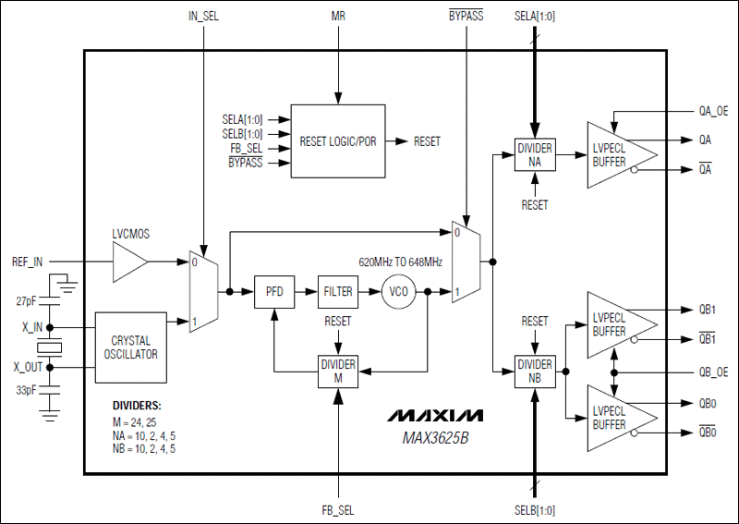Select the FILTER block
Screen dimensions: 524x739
tap(338, 291)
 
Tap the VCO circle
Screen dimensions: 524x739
tap(398, 291)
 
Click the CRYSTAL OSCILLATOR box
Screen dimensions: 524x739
tap(130, 347)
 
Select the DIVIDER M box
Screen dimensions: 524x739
tap(338, 371)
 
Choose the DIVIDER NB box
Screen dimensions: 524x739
tap(535, 371)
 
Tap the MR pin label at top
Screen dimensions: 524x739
tap(338, 17)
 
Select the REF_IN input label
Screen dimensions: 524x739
tap(28, 262)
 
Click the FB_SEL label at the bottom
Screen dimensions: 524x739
tap(338, 509)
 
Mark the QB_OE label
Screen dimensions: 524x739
tap(713, 371)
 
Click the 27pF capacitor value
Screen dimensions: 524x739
tap(27, 301)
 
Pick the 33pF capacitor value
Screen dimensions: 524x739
tap(27, 391)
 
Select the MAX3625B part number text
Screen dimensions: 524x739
tap(434, 437)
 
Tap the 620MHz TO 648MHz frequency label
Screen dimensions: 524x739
tap(400, 262)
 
